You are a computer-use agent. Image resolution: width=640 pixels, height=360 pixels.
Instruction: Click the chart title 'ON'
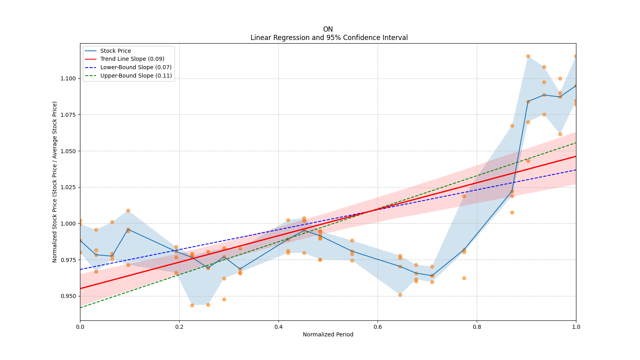[x=328, y=29]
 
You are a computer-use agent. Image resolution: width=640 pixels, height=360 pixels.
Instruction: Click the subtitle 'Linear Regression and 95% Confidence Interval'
[x=329, y=38]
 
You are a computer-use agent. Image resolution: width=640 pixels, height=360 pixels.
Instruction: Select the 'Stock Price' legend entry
[x=116, y=51]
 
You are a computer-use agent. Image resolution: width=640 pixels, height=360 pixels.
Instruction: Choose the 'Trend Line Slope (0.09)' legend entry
[x=132, y=59]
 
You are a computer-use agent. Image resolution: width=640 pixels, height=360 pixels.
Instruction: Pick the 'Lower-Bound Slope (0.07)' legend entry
[x=136, y=67]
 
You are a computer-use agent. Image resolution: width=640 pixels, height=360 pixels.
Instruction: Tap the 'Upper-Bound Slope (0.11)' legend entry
[x=136, y=76]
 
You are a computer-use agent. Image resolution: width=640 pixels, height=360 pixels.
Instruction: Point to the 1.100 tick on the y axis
[x=68, y=78]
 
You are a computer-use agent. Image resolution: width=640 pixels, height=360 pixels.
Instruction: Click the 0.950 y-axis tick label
[x=68, y=296]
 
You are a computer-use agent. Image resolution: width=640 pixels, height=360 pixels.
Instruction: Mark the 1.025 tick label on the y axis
[x=68, y=187]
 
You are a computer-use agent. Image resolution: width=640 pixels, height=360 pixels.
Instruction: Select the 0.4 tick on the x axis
[x=278, y=327]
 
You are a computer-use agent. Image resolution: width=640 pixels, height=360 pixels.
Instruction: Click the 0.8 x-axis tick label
[x=477, y=327]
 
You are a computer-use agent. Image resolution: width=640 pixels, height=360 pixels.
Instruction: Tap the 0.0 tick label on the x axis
[x=80, y=327]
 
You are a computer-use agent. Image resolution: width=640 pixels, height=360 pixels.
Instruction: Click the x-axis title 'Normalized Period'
[x=328, y=334]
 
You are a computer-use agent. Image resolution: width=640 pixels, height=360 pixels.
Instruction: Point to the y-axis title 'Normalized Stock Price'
[x=55, y=182]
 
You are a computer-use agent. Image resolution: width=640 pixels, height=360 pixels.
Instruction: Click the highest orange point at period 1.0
[x=576, y=56]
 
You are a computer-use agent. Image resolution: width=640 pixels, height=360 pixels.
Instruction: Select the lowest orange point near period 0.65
[x=400, y=295]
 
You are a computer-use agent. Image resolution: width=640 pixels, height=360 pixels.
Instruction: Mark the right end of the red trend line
[x=576, y=156]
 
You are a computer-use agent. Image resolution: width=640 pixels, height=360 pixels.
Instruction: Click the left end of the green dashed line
[x=80, y=308]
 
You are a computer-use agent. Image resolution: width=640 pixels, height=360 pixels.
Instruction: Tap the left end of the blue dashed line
[x=80, y=269]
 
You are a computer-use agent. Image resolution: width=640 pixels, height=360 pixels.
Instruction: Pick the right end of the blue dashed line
[x=576, y=170]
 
